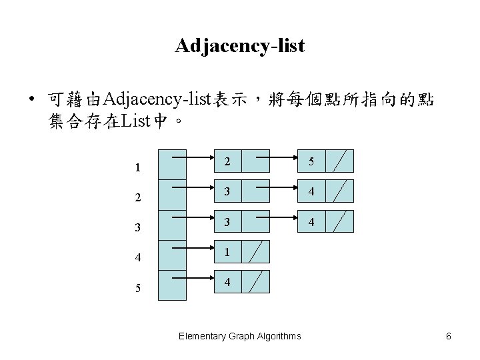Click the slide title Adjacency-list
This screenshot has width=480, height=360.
pos(240,45)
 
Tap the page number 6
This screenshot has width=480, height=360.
pos(449,336)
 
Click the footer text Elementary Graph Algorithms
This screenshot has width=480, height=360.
pos(240,336)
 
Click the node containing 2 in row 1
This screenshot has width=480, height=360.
pos(227,161)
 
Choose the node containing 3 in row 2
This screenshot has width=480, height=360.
pos(227,191)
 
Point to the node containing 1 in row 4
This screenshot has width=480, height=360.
pos(227,251)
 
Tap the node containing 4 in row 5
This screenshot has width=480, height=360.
pos(227,282)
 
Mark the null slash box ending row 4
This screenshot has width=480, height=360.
pos(256,251)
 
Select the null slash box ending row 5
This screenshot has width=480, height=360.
pos(256,282)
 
